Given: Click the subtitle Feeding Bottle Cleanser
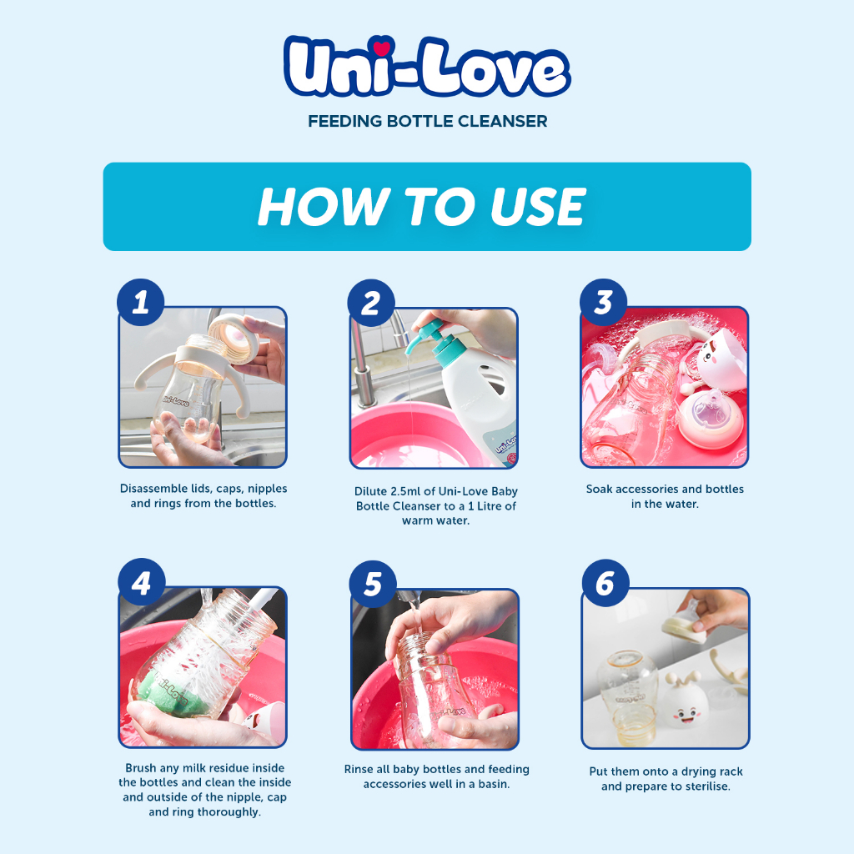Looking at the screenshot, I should click(427, 122).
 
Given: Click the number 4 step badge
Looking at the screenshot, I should click(141, 581).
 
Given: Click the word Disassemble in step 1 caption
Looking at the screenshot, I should click(153, 489).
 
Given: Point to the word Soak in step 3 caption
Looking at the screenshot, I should click(601, 489).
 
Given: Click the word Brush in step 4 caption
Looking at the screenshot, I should click(142, 767).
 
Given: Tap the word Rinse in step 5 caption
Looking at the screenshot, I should click(360, 769).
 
